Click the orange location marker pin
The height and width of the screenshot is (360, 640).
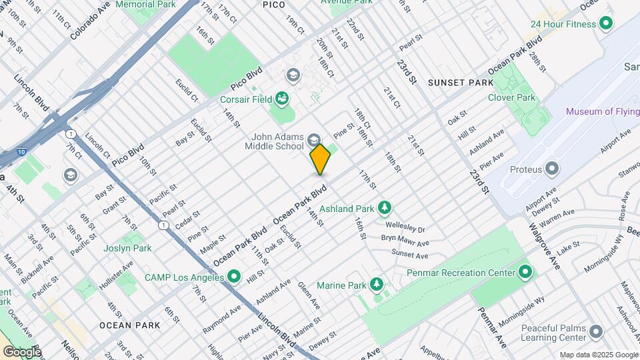click(x=320, y=159)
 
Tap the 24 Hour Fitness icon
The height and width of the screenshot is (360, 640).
click(x=606, y=24)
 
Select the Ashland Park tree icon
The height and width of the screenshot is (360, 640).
click(x=384, y=209)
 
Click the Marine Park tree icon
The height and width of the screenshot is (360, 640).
click(x=377, y=285)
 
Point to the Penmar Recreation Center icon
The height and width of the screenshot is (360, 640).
click(x=525, y=272)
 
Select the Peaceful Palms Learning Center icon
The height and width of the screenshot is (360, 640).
click(x=596, y=331)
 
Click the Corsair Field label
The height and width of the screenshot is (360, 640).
click(x=246, y=99)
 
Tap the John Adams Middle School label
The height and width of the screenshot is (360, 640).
click(x=274, y=141)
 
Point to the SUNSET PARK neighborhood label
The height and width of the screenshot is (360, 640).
click(x=461, y=83)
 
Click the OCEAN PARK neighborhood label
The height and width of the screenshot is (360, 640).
click(x=129, y=325)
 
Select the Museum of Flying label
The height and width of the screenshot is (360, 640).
click(x=603, y=111)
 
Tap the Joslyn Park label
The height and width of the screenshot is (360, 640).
click(x=127, y=248)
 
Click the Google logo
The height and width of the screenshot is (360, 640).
click(x=21, y=351)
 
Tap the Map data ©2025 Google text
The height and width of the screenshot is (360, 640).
click(x=598, y=355)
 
